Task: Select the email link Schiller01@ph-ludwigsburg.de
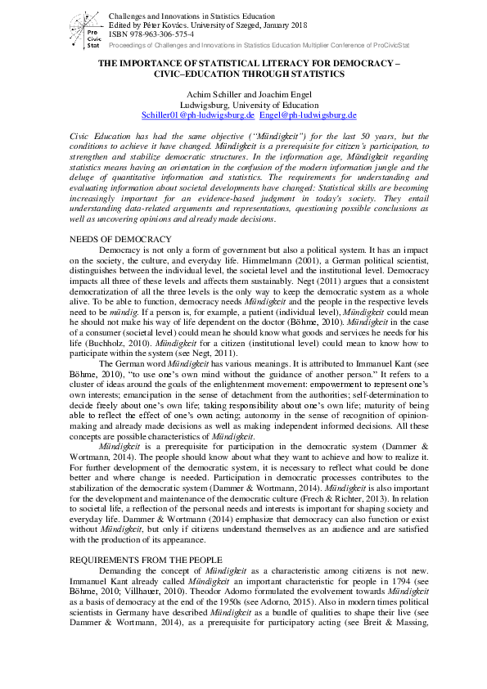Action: click(x=197, y=115)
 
